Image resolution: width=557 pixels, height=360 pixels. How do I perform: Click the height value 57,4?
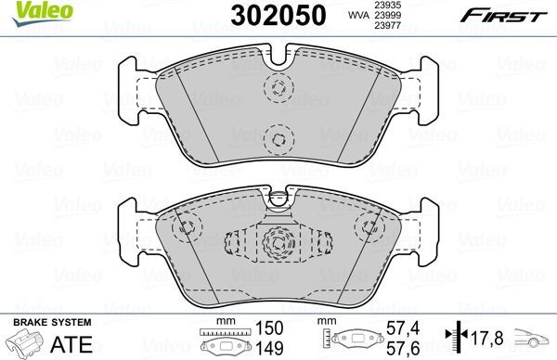tap(397, 328)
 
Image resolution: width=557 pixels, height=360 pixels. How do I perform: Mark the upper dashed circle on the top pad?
tap(277, 90)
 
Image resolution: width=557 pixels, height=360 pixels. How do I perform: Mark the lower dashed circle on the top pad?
tap(277, 139)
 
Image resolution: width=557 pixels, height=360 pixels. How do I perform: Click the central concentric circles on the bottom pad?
tap(277, 244)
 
